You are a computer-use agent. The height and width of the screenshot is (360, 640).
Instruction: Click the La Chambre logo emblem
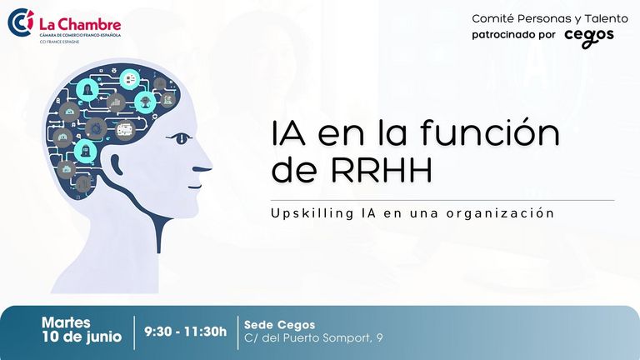click(x=20, y=22)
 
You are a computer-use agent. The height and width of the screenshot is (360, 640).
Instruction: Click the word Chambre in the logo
click(x=92, y=24)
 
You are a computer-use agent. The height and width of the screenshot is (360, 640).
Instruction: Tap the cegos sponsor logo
click(x=589, y=37)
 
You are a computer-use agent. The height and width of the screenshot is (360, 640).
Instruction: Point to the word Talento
click(x=606, y=19)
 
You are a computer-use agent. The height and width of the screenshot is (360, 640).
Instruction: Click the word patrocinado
click(x=502, y=35)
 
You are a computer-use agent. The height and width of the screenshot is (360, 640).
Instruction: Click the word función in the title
click(x=489, y=132)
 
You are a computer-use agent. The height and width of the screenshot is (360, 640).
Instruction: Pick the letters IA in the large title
click(x=288, y=133)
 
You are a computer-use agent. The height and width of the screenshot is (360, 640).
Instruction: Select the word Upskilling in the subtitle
click(x=312, y=213)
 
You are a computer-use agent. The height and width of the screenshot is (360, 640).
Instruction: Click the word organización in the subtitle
click(x=500, y=213)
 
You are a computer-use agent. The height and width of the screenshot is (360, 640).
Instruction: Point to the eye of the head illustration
click(x=180, y=138)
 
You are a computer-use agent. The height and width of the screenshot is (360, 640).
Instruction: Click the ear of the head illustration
click(x=117, y=164)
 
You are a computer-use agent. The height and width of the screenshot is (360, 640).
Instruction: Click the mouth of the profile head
click(x=195, y=187)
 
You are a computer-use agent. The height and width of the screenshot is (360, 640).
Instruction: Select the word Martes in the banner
click(x=66, y=322)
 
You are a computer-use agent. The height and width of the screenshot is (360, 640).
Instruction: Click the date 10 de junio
click(x=82, y=337)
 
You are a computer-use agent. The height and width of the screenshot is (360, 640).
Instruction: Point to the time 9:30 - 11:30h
click(x=185, y=332)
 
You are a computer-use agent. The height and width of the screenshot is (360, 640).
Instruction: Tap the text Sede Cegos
click(x=280, y=325)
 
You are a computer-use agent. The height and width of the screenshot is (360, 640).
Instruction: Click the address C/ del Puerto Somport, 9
click(x=313, y=338)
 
